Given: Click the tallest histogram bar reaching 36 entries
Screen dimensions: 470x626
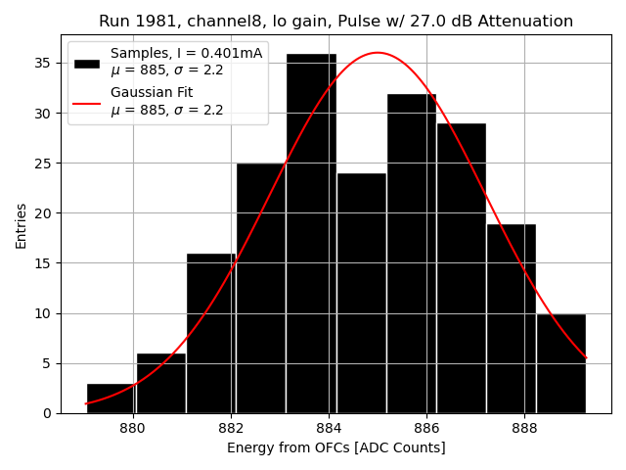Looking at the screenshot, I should click(311, 235).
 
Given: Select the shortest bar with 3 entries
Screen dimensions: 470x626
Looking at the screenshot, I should click(111, 399).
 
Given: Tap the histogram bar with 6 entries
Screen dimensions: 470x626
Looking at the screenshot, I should click(160, 384).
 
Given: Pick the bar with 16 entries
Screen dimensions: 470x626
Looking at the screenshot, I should click(210, 333).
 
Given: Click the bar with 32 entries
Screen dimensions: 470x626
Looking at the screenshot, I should click(411, 255).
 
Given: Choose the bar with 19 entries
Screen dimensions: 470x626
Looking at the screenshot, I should click(511, 318).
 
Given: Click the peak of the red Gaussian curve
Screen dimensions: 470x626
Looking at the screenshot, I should click(378, 53).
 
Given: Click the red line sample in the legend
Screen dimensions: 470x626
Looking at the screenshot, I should click(87, 102).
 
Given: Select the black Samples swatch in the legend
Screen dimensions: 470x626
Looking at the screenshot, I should click(87, 63).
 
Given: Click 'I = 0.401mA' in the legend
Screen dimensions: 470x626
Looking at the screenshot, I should click(219, 53).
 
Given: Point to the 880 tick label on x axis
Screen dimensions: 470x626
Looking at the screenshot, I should click(132, 428).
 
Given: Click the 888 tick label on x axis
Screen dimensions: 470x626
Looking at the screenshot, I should click(525, 428).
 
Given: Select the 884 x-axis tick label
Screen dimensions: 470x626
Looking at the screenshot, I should click(329, 428).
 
